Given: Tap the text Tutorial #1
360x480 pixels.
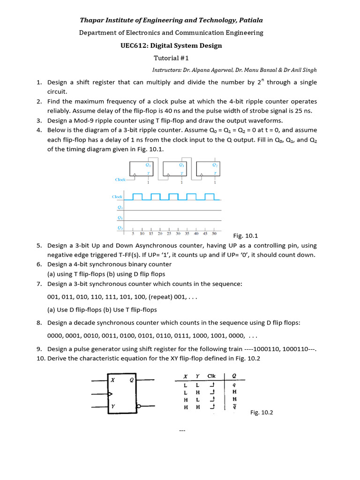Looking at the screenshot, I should click(171, 58).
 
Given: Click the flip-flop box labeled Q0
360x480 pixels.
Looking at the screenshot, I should click(142, 170).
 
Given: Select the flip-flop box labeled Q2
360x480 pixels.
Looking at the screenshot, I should click(208, 170).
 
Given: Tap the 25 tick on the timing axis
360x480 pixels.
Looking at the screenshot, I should click(169, 233).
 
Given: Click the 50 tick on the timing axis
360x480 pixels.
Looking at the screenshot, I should click(214, 233).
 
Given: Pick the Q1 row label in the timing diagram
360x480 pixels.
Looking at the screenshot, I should click(120, 217).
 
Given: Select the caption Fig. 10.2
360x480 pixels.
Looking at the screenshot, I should click(261, 412).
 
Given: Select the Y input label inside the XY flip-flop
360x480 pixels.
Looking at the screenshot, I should click(112, 407).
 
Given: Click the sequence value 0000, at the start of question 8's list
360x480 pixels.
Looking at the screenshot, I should click(56, 336).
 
